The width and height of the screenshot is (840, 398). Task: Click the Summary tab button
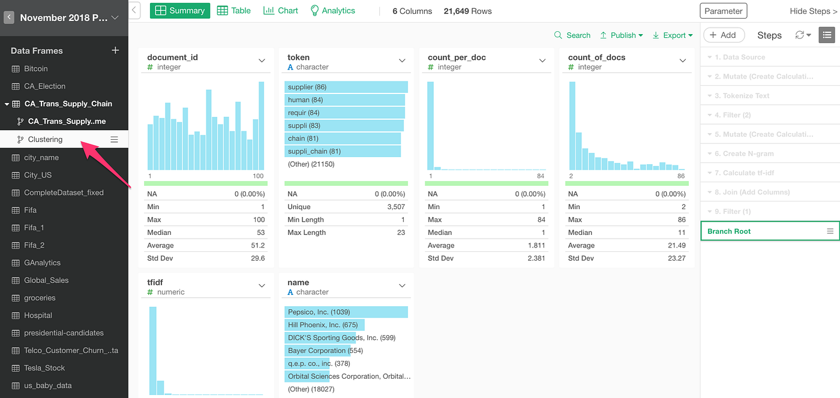tap(180, 11)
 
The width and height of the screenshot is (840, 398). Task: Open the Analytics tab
tap(332, 11)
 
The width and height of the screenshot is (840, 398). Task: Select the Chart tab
tap(281, 11)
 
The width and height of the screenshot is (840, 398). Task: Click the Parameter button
tap(723, 11)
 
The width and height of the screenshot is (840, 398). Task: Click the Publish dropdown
tap(622, 35)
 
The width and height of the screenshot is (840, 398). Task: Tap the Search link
tap(572, 35)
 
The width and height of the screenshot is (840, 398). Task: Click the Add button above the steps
tap(723, 35)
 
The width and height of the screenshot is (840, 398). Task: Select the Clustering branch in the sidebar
tap(45, 140)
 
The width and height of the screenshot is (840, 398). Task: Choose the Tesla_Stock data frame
tap(44, 368)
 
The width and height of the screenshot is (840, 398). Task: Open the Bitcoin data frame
tap(36, 69)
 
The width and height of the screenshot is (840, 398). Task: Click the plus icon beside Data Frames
tap(115, 50)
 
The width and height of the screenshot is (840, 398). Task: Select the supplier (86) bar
tap(346, 87)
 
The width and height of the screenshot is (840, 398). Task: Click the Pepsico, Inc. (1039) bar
tap(346, 312)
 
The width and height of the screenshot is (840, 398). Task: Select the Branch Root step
tap(729, 231)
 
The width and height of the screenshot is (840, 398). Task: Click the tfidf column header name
tap(155, 282)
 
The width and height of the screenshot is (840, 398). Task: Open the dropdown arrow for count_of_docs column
tap(683, 61)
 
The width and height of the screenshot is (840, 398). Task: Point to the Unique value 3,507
tap(394, 207)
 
